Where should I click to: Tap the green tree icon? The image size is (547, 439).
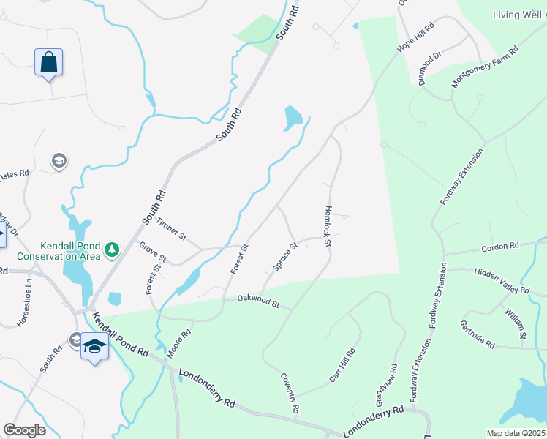pos(112,250)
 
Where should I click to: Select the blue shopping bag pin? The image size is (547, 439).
pos(48,63)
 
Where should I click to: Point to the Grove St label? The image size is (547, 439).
pos(153,253)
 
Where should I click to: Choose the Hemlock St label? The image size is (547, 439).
pos(328,225)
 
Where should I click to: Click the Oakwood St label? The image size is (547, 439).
pos(259,301)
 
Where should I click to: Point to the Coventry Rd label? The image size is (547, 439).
pos(290,393)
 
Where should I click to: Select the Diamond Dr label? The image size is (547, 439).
pos(431,69)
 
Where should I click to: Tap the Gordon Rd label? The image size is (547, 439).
pos(500,247)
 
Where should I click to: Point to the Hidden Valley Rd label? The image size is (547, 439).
pos(501,280)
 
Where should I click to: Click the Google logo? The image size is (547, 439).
pos(24,429)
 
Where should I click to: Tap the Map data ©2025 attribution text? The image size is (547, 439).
pos(516,433)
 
